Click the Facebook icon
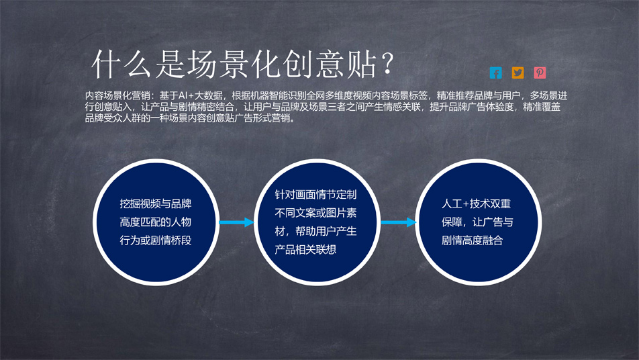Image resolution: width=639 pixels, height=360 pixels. tap(495, 73)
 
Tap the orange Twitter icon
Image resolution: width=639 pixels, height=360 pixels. tap(518, 73)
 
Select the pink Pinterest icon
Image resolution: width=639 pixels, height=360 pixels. tap(540, 73)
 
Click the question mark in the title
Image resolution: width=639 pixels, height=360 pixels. tap(388, 63)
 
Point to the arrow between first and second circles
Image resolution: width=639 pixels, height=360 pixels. tap(236, 222)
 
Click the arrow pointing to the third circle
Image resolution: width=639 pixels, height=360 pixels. tap(399, 222)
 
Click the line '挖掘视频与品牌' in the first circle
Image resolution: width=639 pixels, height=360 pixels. tap(156, 204)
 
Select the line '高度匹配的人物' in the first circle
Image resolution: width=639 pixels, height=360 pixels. tap(156, 222)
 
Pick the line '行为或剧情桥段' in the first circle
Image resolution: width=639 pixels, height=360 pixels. tap(156, 240)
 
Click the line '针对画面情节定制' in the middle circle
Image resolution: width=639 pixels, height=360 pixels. tap(316, 195)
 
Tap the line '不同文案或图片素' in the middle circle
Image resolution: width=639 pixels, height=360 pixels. tap(316, 213)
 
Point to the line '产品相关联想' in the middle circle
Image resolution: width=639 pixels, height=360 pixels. tap(305, 249)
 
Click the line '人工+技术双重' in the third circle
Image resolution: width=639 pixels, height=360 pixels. tap(476, 204)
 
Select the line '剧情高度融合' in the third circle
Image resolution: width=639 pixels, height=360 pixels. tap(473, 240)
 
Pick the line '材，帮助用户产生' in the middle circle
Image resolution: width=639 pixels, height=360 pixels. tap(316, 231)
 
